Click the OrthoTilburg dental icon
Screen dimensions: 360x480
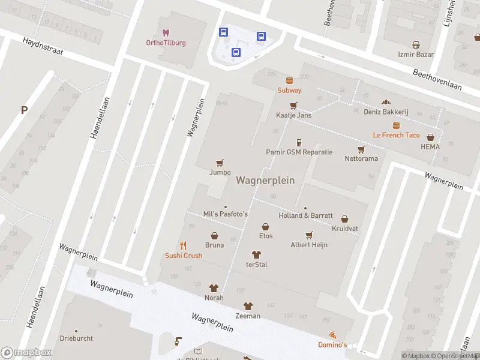[166, 32]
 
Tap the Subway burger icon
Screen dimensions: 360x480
[289, 80]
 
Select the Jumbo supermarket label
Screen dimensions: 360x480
[220, 172]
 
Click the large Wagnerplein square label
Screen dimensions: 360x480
[265, 180]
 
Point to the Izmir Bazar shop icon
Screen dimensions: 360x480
[416, 44]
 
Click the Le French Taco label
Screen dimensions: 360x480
[396, 135]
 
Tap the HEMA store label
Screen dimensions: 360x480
[430, 146]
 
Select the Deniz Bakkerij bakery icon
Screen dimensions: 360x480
[386, 102]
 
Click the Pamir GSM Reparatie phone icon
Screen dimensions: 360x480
[299, 142]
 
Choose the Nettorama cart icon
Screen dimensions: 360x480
[361, 149]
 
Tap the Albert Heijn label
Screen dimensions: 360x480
[309, 245]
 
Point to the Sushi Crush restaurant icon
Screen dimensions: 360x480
[184, 245]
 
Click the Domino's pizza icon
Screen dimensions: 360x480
[332, 335]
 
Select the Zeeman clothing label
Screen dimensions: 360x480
[248, 316]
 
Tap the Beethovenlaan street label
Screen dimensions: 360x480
[437, 80]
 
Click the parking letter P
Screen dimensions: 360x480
[24, 110]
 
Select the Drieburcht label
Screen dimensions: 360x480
[76, 338]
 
